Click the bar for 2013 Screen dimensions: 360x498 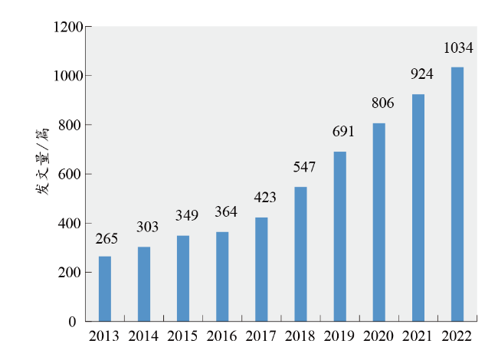[x=105, y=289]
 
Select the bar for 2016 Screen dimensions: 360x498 [x=222, y=277]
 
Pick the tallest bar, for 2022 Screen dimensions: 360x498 [x=457, y=195]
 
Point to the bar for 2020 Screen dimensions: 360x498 [x=379, y=222]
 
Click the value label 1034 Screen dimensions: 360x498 [x=458, y=48]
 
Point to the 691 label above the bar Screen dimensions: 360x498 [x=342, y=131]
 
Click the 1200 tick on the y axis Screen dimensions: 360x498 [x=67, y=28]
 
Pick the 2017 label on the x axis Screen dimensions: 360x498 [x=260, y=335]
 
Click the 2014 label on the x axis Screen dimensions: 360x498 [x=143, y=335]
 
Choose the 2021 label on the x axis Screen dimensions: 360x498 [x=418, y=335]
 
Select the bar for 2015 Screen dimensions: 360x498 [x=183, y=279]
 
